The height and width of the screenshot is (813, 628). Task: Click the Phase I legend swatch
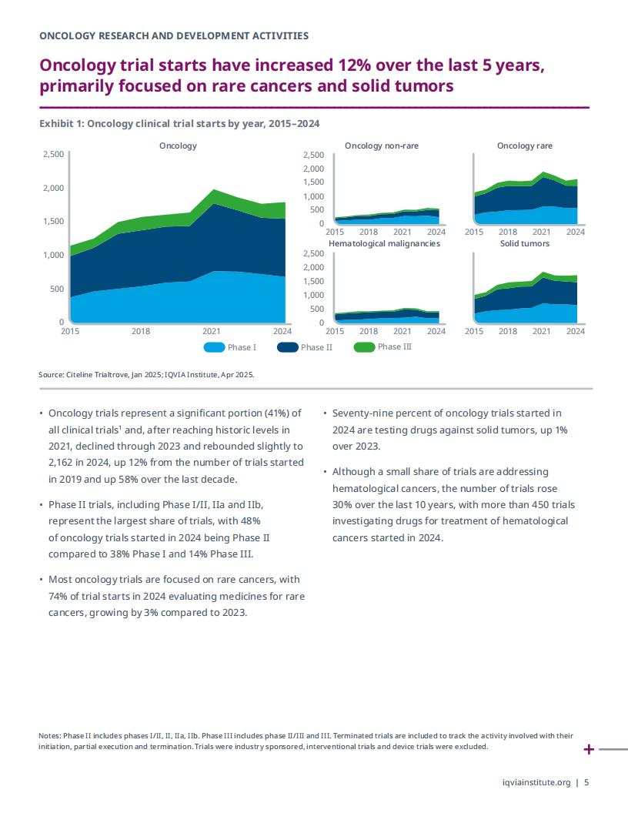pos(214,347)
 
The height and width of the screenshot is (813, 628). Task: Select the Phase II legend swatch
pos(288,347)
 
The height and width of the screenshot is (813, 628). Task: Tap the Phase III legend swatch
pos(364,347)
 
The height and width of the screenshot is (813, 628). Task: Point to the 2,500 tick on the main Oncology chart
pos(53,154)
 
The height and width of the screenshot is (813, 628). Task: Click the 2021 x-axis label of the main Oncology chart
pos(212,331)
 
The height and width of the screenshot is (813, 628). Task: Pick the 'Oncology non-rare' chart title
pos(382,146)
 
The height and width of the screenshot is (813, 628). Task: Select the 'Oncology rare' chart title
pos(524,146)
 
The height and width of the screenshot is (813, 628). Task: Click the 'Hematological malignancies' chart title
pos(384,244)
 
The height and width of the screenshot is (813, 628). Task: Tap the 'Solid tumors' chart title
pos(524,244)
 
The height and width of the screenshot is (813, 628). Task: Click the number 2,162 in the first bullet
pos(59,462)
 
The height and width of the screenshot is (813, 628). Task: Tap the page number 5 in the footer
pos(586,782)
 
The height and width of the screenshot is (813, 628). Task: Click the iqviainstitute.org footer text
pos(536,782)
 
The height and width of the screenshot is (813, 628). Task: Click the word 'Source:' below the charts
pos(52,374)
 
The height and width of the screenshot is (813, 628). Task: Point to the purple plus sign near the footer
pos(589,749)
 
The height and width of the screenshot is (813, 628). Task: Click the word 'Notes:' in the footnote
pos(50,735)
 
